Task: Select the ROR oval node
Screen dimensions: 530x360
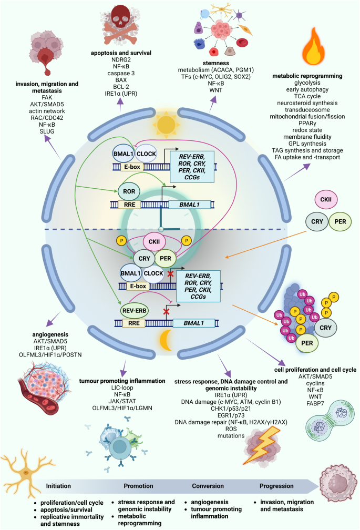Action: [x=128, y=191]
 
